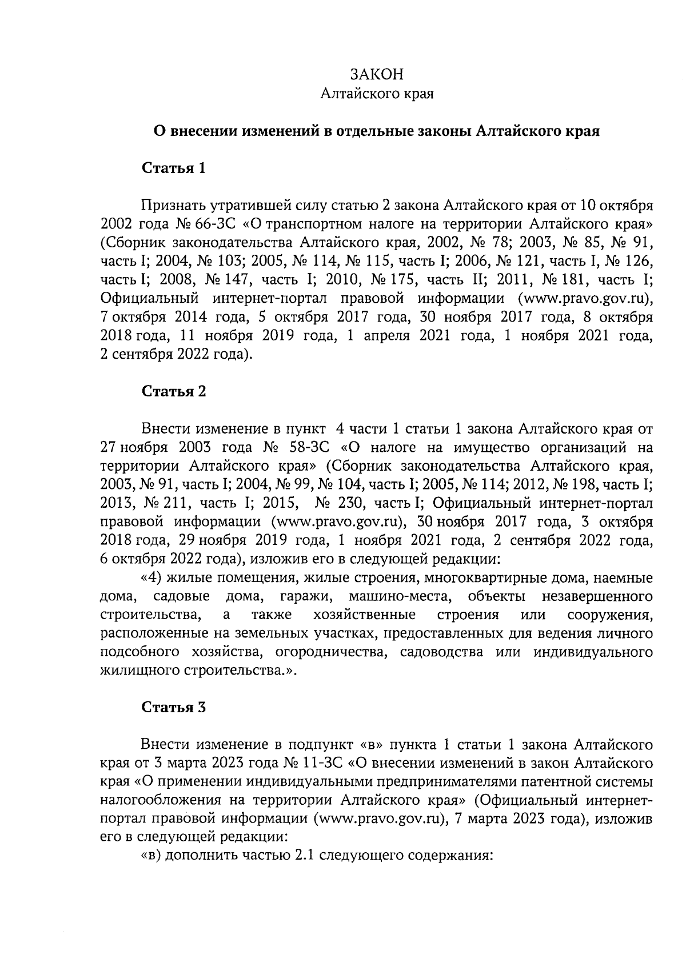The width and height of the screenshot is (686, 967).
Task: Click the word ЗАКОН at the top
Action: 377,74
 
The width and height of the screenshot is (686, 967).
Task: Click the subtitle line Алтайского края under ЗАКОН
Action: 377,93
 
